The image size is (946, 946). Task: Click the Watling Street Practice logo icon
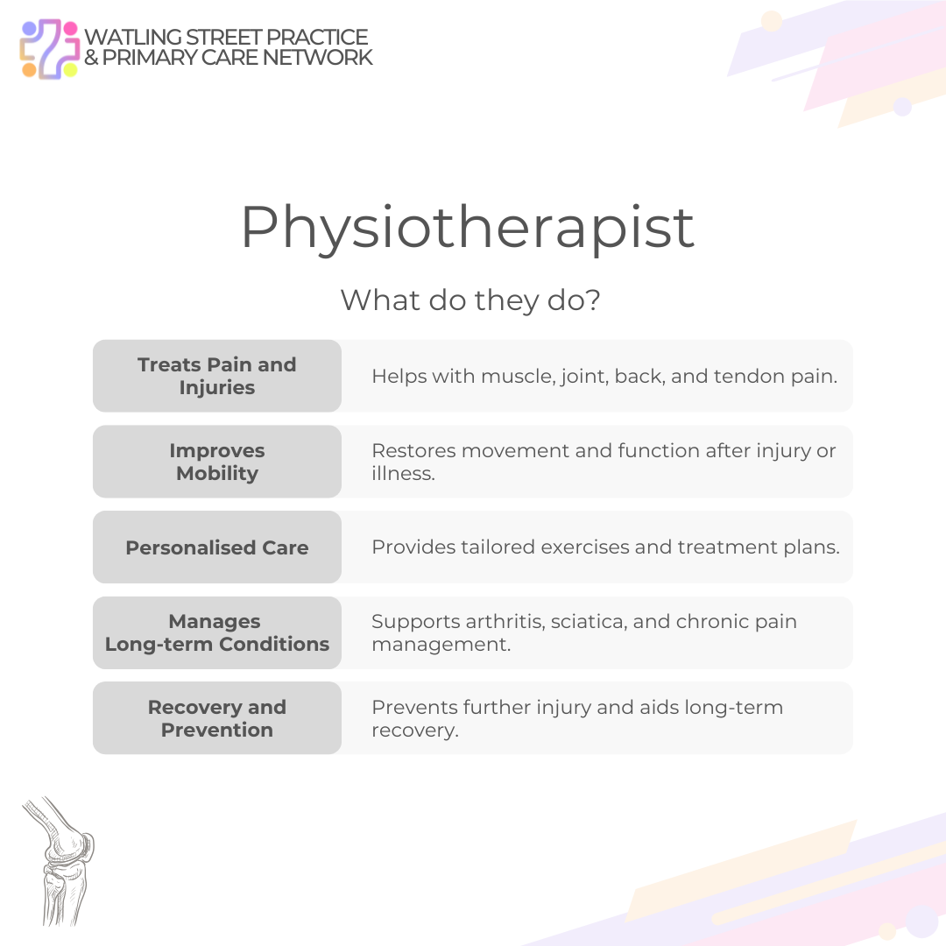coord(50,49)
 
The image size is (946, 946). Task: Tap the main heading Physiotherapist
coord(468,228)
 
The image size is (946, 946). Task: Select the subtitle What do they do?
coord(470,300)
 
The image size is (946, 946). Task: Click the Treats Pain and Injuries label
coord(217,376)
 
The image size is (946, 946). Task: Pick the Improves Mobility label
coord(217,462)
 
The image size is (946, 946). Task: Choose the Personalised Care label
coord(217,547)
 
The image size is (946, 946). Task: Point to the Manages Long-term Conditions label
coord(217,632)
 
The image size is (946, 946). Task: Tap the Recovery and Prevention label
coord(217,718)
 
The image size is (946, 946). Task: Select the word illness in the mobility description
coord(403,474)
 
